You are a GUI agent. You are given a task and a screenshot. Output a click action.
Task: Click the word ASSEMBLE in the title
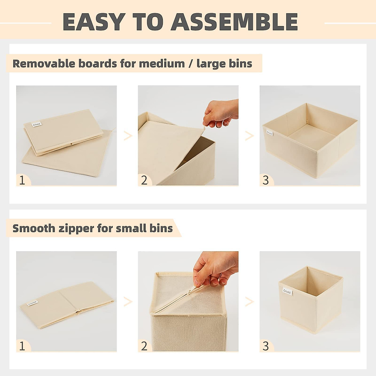click(x=234, y=22)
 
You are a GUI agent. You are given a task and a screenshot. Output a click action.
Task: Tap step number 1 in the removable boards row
click(x=22, y=180)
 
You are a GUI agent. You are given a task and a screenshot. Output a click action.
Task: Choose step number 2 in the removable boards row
click(x=144, y=180)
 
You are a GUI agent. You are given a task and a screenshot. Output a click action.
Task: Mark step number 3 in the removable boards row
click(x=266, y=180)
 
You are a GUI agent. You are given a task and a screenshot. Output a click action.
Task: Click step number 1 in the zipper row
click(x=22, y=346)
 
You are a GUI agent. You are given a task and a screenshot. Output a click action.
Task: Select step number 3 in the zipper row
click(x=266, y=346)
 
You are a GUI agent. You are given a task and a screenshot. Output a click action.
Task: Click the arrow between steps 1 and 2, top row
click(x=128, y=136)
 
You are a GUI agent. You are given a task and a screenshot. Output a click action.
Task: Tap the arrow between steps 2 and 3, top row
click(x=249, y=136)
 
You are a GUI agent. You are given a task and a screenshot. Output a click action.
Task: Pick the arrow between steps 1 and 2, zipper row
click(x=128, y=301)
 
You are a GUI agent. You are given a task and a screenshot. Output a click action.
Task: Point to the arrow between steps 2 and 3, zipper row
click(x=249, y=301)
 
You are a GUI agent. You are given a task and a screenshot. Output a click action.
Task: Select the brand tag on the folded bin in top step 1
click(x=37, y=124)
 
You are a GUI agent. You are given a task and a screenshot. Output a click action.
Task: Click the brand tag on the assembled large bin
click(x=269, y=133)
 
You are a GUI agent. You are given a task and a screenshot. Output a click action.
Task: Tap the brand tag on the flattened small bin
click(x=33, y=303)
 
